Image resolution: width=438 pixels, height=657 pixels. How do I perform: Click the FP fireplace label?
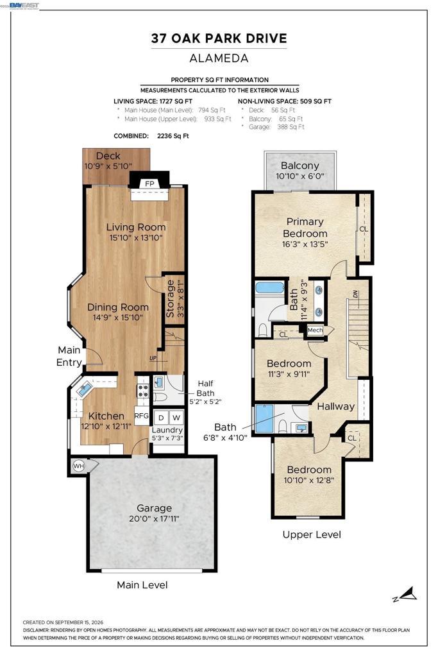pos(149,183)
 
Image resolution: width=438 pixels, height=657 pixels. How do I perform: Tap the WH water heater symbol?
pos(78,466)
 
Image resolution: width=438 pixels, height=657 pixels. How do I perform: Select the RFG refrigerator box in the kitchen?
pos(142,416)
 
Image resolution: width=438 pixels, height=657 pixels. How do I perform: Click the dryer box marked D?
pos(161,417)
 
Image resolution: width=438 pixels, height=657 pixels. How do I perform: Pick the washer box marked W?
pos(176,417)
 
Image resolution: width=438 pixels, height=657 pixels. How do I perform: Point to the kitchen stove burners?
pos(143,391)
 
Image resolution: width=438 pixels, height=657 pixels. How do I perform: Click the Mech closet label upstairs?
pos(315,330)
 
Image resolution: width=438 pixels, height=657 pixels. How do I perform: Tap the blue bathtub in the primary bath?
pos(270,289)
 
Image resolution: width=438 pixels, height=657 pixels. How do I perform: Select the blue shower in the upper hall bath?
pos(264,418)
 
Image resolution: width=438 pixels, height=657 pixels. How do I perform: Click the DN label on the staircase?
pos(356,294)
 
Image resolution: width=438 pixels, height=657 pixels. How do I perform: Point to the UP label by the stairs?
pos(154,358)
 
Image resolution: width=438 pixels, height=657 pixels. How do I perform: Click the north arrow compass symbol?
pos(405,594)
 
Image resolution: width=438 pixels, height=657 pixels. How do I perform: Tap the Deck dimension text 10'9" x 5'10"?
pos(108,166)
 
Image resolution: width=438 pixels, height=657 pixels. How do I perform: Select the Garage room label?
pos(154,508)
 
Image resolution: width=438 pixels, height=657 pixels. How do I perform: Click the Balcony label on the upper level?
pos(300,166)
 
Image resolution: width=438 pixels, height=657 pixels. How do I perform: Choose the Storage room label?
pos(170,298)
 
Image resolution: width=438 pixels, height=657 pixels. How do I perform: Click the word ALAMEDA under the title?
pos(219,58)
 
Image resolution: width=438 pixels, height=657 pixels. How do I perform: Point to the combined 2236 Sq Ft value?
pos(173,136)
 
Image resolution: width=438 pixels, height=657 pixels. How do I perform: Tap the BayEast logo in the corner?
pos(24,5)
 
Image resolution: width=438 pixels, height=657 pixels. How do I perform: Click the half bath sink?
pos(159,382)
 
